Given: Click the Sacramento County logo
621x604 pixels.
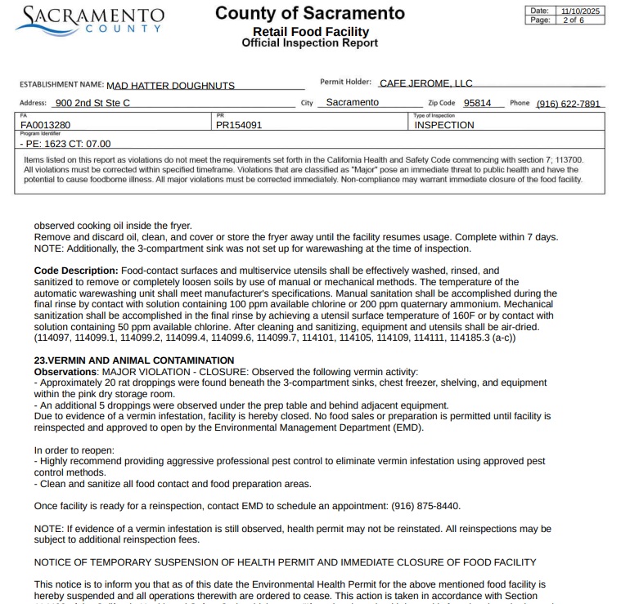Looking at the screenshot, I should (90, 20).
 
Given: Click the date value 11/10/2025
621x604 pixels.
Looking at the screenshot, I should (580, 11).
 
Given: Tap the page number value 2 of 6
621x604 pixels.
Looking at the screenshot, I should (572, 20).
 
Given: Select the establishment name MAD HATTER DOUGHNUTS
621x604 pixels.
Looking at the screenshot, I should (171, 85).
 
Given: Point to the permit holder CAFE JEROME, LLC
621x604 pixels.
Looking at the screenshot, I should (426, 83).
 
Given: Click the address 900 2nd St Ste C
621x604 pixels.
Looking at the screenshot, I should (92, 104).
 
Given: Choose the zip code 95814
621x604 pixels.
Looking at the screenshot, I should (477, 104).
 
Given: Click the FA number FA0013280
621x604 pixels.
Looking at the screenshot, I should (46, 125).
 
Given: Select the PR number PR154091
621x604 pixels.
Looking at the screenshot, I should (239, 125).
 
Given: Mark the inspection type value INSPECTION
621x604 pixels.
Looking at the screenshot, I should (444, 125).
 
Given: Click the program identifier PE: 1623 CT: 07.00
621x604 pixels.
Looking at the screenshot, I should (65, 144).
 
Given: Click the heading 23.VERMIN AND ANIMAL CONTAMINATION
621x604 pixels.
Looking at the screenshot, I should (134, 360).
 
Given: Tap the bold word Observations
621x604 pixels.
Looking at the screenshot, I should (65, 372).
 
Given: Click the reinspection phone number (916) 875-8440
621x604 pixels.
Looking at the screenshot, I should (421, 506).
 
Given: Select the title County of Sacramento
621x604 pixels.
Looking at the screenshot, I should (309, 14).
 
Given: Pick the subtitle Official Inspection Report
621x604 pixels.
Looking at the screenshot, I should (309, 43).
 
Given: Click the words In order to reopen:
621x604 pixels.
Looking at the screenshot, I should (74, 450).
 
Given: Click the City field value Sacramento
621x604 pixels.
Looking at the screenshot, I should (352, 103).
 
